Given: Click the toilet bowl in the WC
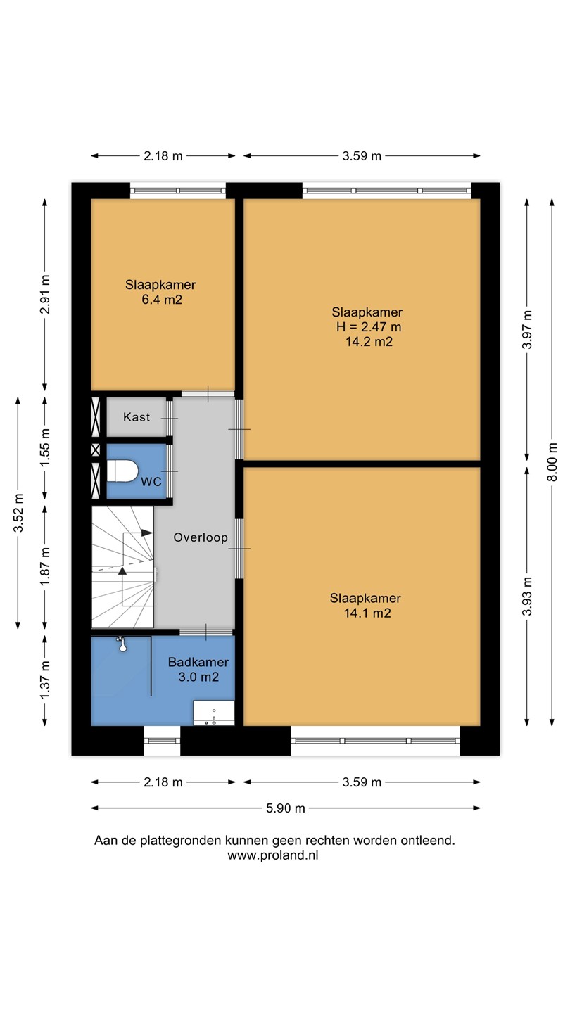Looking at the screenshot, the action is click(122, 471).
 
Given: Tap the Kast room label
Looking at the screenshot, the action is click(137, 416).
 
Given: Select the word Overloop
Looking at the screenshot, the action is click(201, 537).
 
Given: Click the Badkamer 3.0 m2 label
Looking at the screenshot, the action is click(198, 669).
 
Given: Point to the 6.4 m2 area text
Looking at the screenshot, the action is click(162, 300).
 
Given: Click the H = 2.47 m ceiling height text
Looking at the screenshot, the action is click(369, 326).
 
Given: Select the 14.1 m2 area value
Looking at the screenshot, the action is click(367, 613).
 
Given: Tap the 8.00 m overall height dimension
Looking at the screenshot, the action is click(552, 461).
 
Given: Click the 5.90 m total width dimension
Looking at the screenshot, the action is click(286, 808).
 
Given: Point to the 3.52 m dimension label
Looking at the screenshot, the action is click(18, 513).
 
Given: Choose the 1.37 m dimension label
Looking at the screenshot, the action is click(45, 680).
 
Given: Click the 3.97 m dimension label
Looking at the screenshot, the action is click(527, 330).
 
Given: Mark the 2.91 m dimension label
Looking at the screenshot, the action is click(45, 294).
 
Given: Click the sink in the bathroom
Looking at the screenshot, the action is click(213, 713).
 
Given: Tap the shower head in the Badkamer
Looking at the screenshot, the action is click(121, 644).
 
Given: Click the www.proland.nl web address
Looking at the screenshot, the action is click(273, 855).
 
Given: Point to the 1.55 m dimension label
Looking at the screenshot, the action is click(45, 448).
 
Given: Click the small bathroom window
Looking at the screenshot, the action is click(162, 741).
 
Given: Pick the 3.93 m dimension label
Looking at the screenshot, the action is click(527, 596).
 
